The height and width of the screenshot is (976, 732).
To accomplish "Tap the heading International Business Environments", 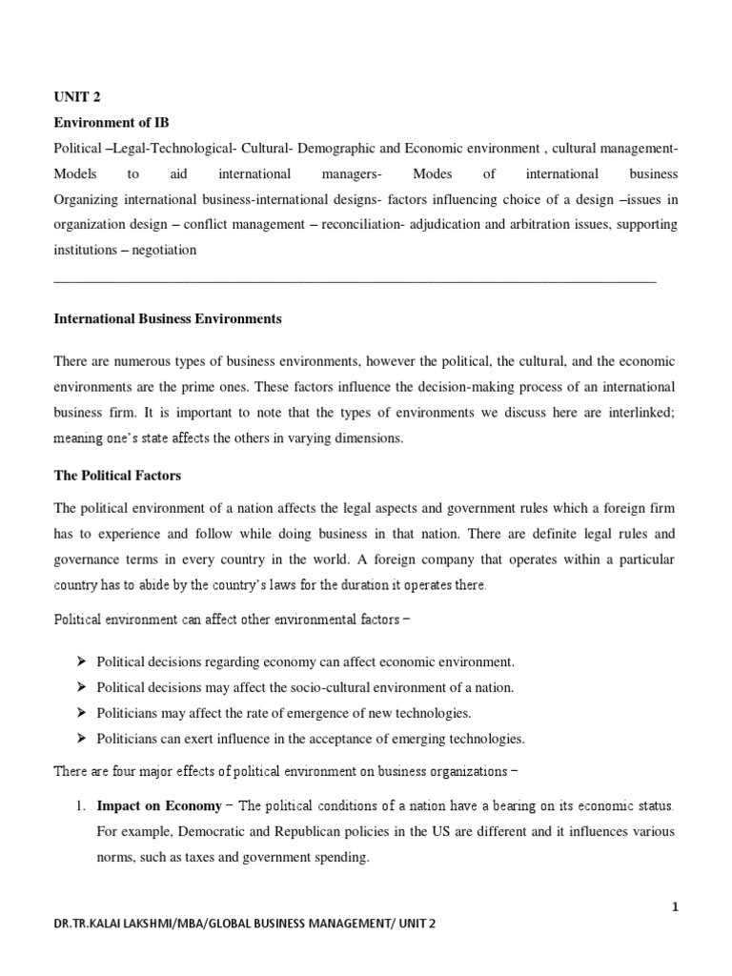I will coord(168,319).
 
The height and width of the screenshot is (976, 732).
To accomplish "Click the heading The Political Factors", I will coord(117,476).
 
